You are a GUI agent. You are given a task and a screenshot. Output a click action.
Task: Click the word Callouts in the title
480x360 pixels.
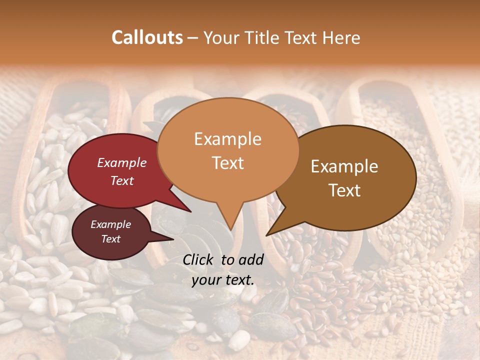pos(147,37)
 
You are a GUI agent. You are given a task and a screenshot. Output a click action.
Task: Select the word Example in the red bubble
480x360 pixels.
pos(122,162)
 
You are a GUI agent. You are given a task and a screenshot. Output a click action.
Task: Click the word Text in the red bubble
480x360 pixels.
pos(122,180)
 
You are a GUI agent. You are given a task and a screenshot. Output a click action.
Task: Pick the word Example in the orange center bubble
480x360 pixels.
pos(227,139)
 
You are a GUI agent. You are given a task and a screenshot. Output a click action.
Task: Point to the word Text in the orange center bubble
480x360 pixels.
pos(227,163)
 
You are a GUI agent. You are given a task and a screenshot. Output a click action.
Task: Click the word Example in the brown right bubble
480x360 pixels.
pos(344,166)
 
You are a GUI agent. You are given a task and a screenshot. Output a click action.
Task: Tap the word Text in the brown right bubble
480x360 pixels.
pos(344,190)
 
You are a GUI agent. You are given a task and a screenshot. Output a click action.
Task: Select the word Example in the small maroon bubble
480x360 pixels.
pos(110,224)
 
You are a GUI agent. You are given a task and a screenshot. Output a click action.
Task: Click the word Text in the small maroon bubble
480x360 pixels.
pos(110,239)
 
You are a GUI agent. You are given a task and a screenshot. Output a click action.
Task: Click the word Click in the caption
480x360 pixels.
pos(199,259)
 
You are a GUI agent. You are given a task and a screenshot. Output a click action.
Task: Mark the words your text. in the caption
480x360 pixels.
pos(223,280)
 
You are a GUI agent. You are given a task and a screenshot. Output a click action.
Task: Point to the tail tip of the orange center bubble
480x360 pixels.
pos(230,229)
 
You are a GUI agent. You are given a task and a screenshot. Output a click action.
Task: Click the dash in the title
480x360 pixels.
pos(192,38)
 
